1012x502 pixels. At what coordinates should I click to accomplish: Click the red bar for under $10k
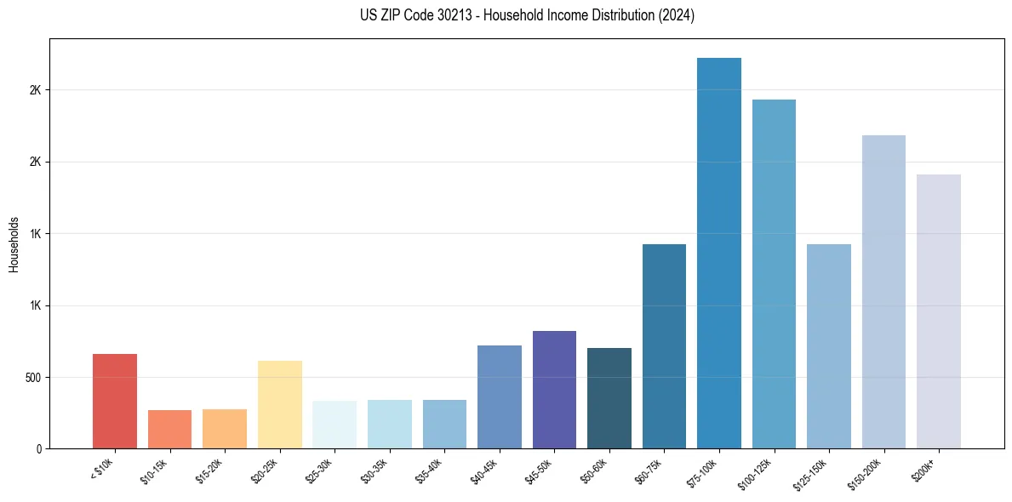pyautogui.click(x=115, y=401)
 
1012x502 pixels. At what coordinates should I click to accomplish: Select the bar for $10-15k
pyautogui.click(x=169, y=429)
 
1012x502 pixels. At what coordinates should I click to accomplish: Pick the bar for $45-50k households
pyautogui.click(x=554, y=390)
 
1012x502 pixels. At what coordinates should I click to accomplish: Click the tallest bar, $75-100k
pyautogui.click(x=719, y=253)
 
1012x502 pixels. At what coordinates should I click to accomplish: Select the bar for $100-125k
pyautogui.click(x=774, y=274)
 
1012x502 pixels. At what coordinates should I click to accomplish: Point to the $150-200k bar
pyautogui.click(x=883, y=292)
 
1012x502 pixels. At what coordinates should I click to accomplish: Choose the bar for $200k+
pyautogui.click(x=939, y=311)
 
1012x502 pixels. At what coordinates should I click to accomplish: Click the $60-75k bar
pyautogui.click(x=664, y=346)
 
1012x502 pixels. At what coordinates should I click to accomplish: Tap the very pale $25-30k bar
pyautogui.click(x=334, y=425)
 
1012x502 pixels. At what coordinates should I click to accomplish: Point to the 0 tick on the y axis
pyautogui.click(x=39, y=448)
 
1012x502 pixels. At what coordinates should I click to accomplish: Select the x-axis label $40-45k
pyautogui.click(x=484, y=470)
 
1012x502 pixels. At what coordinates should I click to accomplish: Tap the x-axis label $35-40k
pyautogui.click(x=429, y=470)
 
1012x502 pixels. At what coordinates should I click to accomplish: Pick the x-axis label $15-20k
pyautogui.click(x=209, y=470)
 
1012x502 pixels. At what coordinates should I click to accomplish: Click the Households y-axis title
pyautogui.click(x=14, y=244)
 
